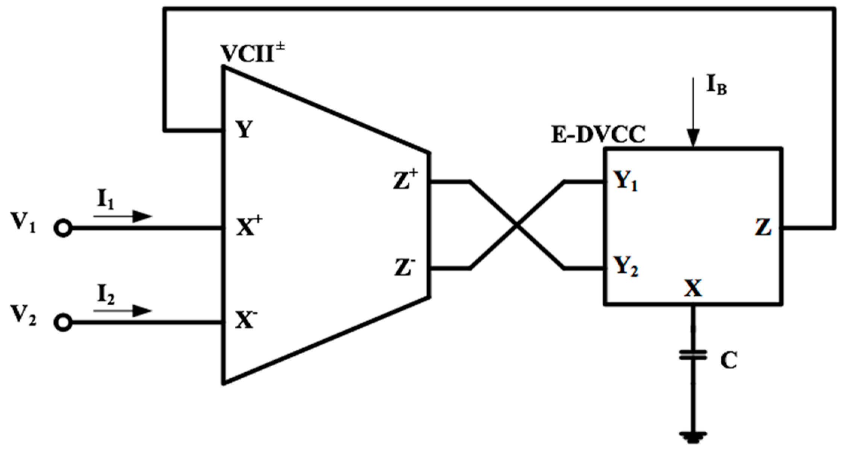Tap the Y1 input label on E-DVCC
(x=625, y=181)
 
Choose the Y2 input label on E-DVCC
(x=625, y=267)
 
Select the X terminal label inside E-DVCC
(x=693, y=288)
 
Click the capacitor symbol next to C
(x=693, y=355)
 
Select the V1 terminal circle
(x=63, y=228)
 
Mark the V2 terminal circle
(x=63, y=322)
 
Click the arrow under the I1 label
(x=123, y=216)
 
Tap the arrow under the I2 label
(x=123, y=311)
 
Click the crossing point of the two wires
(x=517, y=225)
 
